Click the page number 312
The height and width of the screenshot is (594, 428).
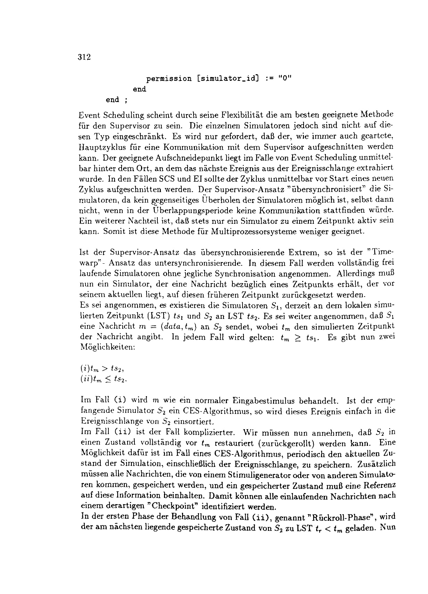(85, 57)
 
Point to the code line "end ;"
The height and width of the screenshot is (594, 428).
(117, 100)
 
